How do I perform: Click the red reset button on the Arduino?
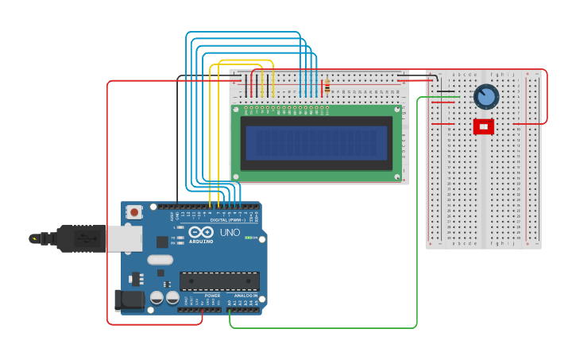[134, 211]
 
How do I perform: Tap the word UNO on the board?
[230, 232]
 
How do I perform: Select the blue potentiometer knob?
[485, 97]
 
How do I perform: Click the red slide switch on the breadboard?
[483, 126]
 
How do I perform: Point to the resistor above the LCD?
[327, 86]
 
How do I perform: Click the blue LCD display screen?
[316, 143]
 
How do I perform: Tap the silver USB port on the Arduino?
[125, 238]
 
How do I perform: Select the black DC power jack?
[129, 300]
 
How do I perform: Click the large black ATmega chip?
[219, 281]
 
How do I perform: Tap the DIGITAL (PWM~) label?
[226, 220]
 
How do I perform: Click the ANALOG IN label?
[245, 296]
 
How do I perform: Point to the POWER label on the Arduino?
[212, 296]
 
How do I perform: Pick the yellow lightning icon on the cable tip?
[33, 238]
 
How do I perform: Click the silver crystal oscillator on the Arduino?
[160, 259]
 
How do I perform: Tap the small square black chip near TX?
[162, 242]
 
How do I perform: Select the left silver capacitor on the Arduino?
[157, 297]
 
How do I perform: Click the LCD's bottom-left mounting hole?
[236, 176]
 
